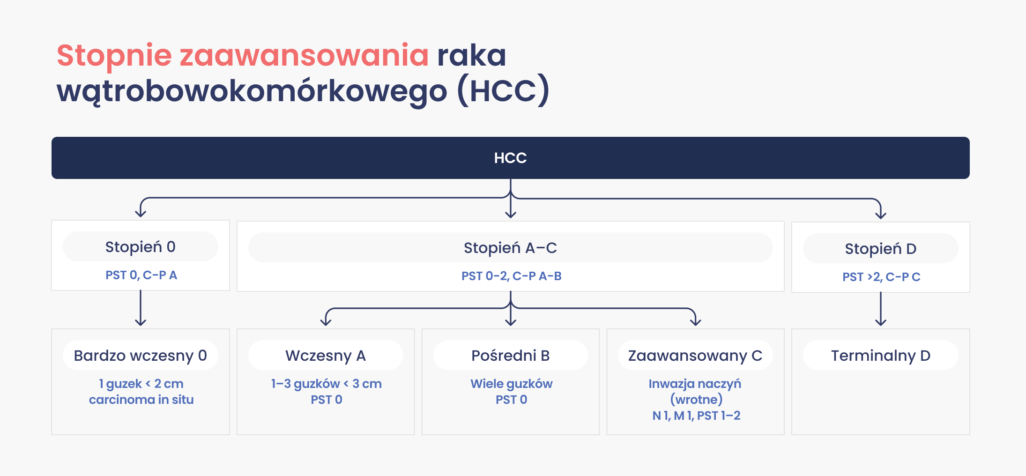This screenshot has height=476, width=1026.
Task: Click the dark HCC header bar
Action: (x=510, y=158)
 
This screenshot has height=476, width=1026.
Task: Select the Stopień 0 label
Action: (x=140, y=247)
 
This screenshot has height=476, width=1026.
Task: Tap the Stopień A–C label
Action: (x=510, y=248)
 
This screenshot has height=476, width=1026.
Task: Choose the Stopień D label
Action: (x=880, y=249)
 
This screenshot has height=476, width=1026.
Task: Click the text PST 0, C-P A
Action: (x=141, y=275)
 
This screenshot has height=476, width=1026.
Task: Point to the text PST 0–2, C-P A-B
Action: (x=511, y=276)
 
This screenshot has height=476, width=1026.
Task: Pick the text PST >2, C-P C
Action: (x=881, y=277)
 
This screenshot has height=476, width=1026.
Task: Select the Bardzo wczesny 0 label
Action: (x=140, y=356)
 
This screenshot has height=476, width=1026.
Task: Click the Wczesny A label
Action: (x=326, y=356)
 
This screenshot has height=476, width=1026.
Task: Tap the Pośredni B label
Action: (x=510, y=356)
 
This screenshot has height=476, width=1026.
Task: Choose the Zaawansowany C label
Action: (x=695, y=356)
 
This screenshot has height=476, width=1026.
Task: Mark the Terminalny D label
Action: (x=880, y=356)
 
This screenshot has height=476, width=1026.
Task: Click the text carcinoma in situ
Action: (x=141, y=400)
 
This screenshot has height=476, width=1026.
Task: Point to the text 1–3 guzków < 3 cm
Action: (x=326, y=384)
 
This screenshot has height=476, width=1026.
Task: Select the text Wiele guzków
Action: (x=511, y=384)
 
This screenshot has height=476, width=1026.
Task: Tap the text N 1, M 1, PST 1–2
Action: (x=696, y=416)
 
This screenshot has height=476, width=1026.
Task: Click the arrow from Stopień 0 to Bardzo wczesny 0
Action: (x=141, y=308)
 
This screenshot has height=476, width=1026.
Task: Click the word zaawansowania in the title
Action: (x=304, y=55)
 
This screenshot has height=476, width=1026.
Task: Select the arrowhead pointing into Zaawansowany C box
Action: (x=696, y=322)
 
